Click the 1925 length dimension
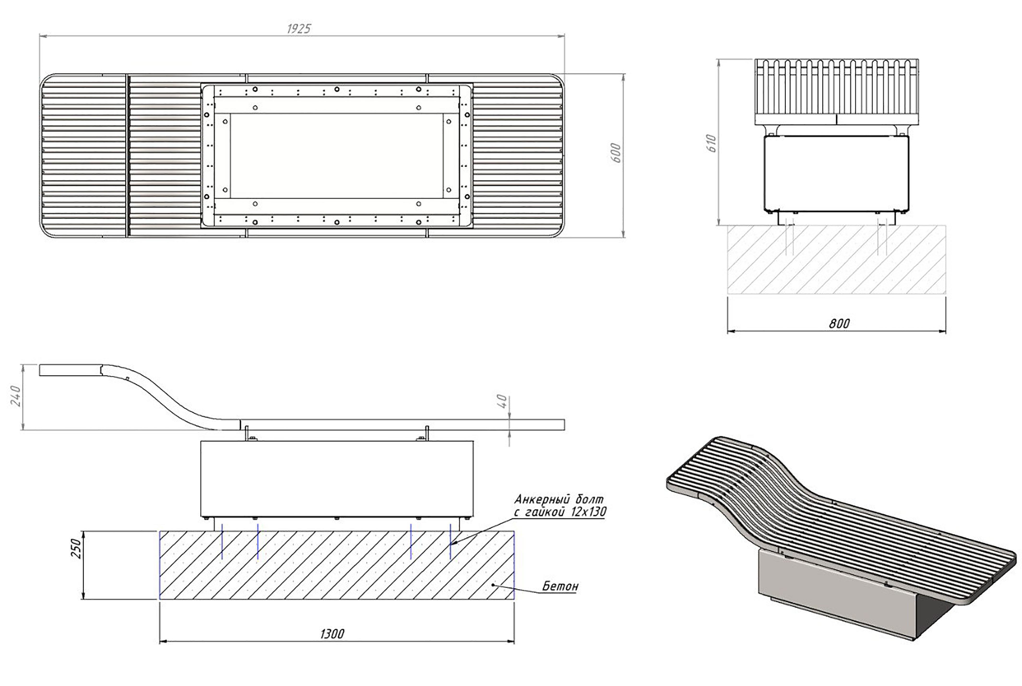coord(299,29)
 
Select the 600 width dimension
coord(616,153)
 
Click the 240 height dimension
coord(16,396)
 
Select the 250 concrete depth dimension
coord(75,548)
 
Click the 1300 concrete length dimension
coord(332,633)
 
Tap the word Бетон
coord(560,586)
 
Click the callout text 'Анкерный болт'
coord(559,499)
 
